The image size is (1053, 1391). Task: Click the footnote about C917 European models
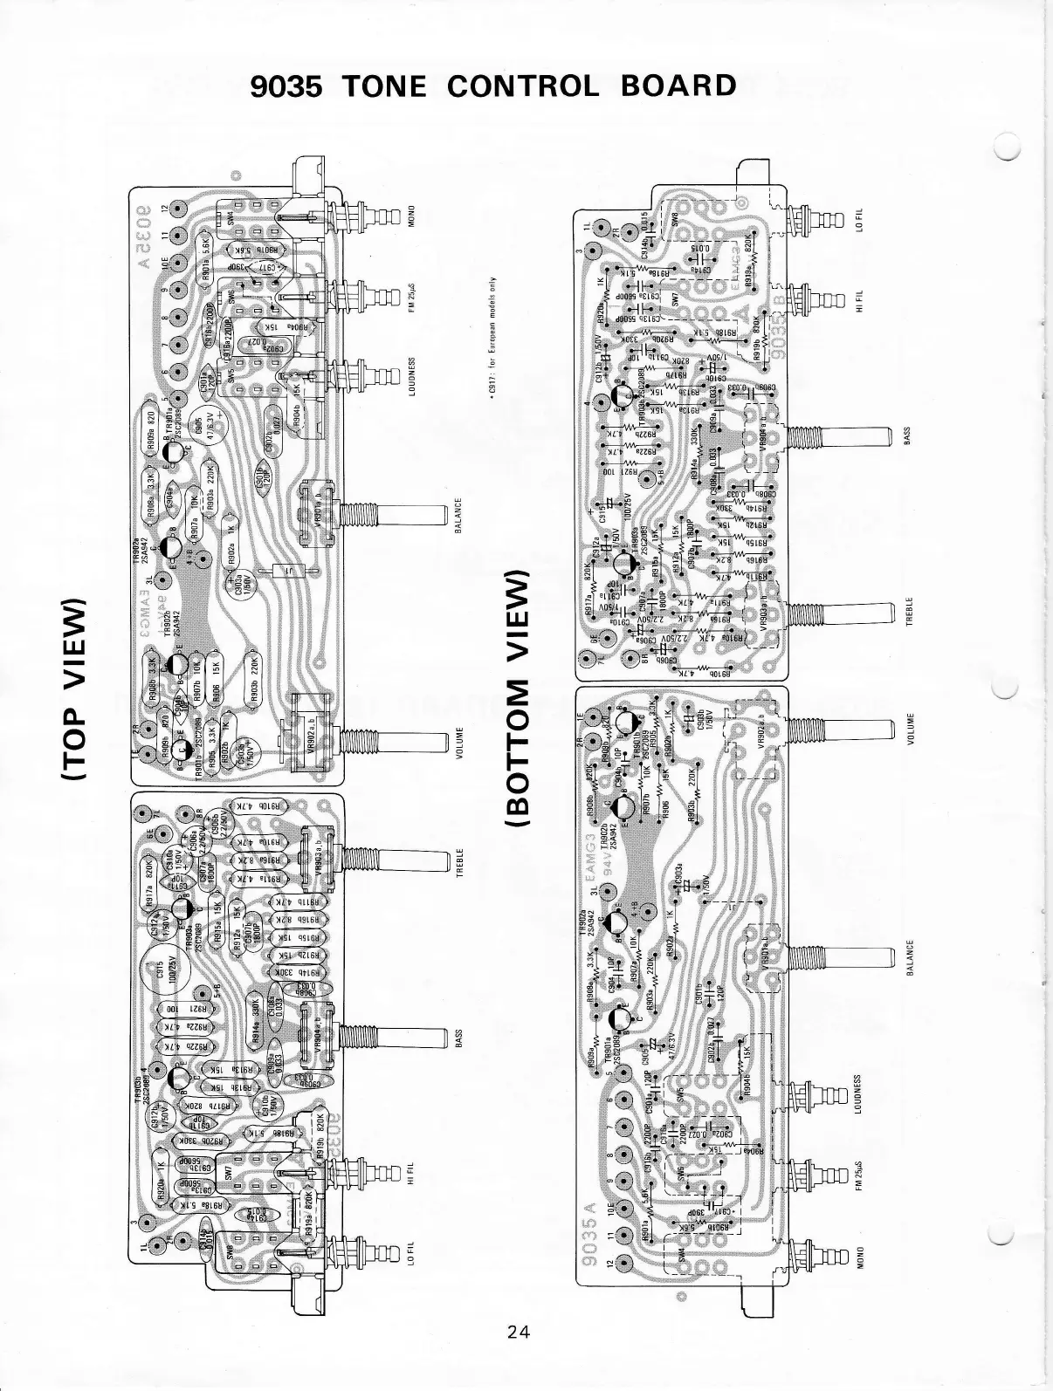tap(493, 341)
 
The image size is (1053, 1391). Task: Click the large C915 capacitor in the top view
tap(160, 970)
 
